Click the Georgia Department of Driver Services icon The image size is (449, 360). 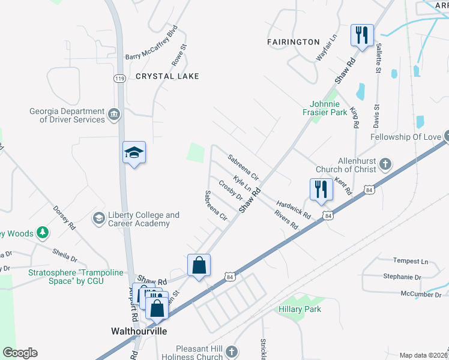click(113, 114)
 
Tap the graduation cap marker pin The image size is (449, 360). click(134, 154)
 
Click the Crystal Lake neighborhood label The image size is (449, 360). click(167, 76)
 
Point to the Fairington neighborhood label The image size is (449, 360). click(294, 42)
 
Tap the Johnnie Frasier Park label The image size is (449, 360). click(329, 107)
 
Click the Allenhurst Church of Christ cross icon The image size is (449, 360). click(385, 163)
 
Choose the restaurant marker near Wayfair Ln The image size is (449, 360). click(362, 35)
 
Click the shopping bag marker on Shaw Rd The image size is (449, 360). click(199, 265)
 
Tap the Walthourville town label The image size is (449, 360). click(139, 331)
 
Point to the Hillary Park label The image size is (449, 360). click(300, 309)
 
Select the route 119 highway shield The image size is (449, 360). click(119, 79)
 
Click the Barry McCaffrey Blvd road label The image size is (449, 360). click(152, 42)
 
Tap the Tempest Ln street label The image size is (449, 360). click(411, 262)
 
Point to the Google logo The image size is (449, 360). click(20, 353)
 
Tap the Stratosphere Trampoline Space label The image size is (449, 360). click(66, 276)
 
